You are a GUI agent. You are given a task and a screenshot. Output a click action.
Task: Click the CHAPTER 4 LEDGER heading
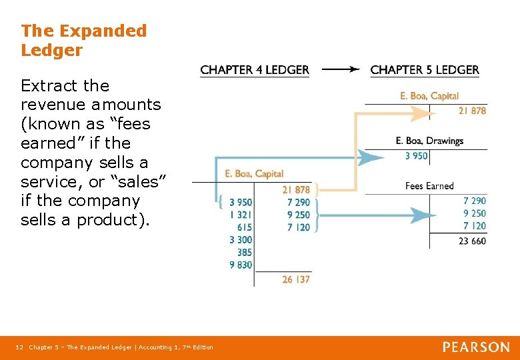pos(255,70)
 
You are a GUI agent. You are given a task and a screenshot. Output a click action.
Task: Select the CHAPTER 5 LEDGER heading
pos(425,70)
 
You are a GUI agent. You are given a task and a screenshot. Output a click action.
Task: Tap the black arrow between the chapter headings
pos(339,69)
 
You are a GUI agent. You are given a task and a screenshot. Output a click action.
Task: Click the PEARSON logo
pos(476,347)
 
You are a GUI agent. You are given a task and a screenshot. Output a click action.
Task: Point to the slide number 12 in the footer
pos(19,347)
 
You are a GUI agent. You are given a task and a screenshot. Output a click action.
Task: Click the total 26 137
pos(296,279)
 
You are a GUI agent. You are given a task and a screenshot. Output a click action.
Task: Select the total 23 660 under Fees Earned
pos(472,241)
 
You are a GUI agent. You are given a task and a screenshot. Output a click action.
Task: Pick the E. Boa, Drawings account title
pos(429,141)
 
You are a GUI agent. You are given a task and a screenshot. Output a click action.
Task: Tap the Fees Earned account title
pos(429,186)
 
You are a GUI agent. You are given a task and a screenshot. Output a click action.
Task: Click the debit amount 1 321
pos(241,215)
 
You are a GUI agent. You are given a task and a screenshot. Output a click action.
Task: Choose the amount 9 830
pos(241,265)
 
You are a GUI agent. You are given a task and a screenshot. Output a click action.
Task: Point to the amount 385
pos(245,253)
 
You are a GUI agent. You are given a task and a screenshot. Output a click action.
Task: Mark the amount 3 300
pos(241,240)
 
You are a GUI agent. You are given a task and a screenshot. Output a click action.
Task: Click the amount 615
pos(245,227)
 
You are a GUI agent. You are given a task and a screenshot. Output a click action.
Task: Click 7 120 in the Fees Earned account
pos(475,226)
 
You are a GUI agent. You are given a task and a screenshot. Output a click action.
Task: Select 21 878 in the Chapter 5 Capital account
pos(472,111)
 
